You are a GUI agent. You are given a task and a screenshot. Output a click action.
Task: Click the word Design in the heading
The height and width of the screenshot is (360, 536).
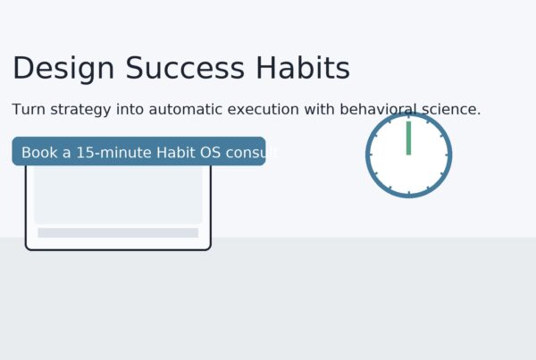pos(63,70)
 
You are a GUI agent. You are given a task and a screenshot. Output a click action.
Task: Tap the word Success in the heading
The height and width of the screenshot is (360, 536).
pos(185,68)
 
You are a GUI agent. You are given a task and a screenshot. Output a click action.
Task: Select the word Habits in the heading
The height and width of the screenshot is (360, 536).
pos(303,68)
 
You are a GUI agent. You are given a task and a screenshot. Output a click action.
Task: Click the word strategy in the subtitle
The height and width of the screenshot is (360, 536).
pos(80,110)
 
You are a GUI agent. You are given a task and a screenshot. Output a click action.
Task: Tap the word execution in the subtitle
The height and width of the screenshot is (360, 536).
pos(264,109)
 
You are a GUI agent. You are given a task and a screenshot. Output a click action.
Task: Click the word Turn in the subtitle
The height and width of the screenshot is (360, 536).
pos(29,109)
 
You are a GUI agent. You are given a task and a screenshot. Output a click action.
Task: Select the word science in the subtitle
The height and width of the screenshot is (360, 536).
pos(451,109)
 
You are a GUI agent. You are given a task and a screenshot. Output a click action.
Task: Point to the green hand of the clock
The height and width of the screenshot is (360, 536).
pos(408,138)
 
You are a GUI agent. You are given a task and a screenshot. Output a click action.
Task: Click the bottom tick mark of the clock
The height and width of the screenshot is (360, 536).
pos(409,194)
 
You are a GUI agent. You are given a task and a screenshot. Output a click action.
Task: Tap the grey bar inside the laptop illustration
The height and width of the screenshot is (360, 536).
pos(118,233)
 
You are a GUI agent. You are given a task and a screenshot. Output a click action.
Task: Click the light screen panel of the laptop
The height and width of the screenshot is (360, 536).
pos(118,195)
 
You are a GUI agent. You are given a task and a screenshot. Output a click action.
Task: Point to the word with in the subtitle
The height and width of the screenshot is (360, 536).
pos(320,109)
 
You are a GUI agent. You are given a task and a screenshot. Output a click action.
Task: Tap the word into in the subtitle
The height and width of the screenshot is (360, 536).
pos(130,109)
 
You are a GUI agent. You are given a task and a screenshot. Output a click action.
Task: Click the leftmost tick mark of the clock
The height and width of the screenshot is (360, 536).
pos(370,155)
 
